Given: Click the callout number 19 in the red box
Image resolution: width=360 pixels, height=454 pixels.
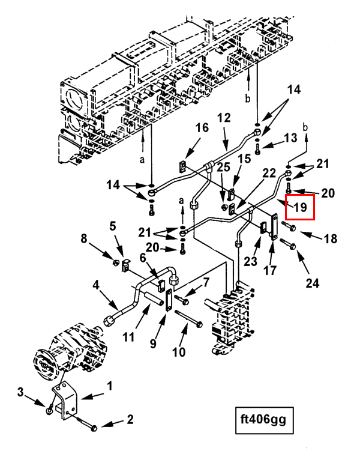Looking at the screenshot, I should (300, 208).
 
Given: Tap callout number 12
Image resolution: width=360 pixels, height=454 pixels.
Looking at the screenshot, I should (224, 119).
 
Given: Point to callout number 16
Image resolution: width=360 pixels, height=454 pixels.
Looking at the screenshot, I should (202, 128).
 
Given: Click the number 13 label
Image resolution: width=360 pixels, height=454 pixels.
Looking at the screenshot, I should (290, 139).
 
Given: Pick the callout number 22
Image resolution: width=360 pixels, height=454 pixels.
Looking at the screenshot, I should (269, 173).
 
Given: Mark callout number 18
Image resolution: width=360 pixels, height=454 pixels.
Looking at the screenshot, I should (331, 239).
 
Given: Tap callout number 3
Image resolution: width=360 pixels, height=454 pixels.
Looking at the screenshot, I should (21, 393).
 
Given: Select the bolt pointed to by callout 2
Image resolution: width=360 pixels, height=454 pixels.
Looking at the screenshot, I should (91, 428).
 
